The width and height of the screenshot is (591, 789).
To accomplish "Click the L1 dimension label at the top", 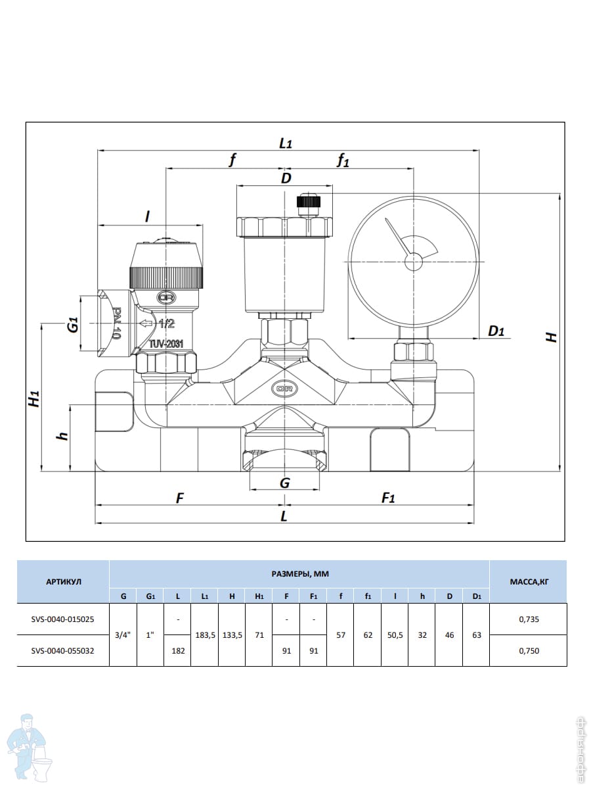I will pyautogui.click(x=286, y=143).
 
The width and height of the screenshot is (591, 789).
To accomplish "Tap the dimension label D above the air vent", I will pyautogui.click(x=286, y=178).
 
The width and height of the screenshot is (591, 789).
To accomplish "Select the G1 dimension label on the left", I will pyautogui.click(x=73, y=324).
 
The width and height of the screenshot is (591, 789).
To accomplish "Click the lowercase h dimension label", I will pyautogui.click(x=62, y=437).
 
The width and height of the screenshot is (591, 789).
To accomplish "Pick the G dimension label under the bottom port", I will pyautogui.click(x=284, y=483).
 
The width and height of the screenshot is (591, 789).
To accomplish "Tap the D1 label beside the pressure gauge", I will pyautogui.click(x=496, y=331).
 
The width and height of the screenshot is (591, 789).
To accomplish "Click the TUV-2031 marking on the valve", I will pyautogui.click(x=165, y=343).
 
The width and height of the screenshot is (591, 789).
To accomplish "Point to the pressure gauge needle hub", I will pyautogui.click(x=414, y=262).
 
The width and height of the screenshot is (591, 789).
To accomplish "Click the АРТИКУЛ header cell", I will pyautogui.click(x=64, y=582).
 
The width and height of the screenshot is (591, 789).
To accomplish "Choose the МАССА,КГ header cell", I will pyautogui.click(x=529, y=582).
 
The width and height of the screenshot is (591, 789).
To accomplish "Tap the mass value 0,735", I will pyautogui.click(x=529, y=619).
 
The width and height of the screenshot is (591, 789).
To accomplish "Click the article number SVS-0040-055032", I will pyautogui.click(x=64, y=651).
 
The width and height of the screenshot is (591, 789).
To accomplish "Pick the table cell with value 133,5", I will pyautogui.click(x=232, y=635).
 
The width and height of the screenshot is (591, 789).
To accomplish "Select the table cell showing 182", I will pyautogui.click(x=177, y=651).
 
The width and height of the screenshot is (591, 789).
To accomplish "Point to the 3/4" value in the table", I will pyautogui.click(x=123, y=635).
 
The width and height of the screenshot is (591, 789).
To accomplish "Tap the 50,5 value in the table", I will pyautogui.click(x=395, y=635).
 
